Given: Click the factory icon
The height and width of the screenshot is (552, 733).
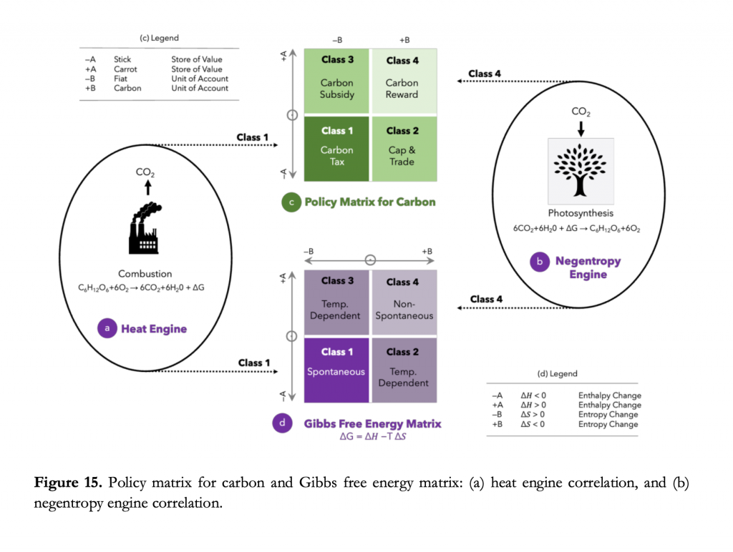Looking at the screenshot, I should point(145,227).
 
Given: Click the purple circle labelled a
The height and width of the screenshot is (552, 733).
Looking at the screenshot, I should point(107,329).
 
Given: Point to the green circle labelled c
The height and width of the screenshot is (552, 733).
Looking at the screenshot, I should point(291,202).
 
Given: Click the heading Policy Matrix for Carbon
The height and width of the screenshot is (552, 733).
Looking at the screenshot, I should point(370,202).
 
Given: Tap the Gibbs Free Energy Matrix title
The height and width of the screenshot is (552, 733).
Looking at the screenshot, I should point(372,424).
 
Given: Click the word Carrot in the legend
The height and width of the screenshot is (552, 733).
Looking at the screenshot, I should point(125,69).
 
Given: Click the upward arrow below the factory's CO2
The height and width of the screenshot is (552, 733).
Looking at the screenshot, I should point(147,187).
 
